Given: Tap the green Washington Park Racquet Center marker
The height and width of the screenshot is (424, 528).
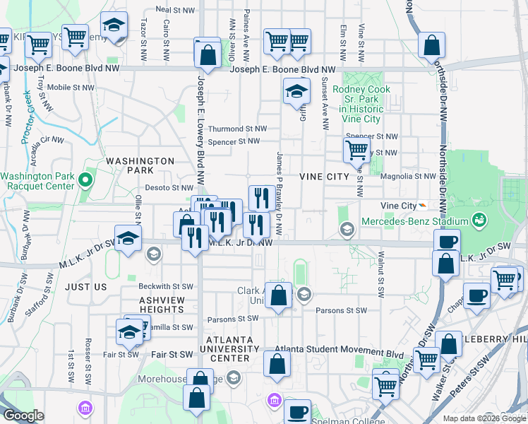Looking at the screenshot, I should tap(85, 180).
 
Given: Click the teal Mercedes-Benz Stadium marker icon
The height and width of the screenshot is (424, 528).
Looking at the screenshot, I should tap(480, 220).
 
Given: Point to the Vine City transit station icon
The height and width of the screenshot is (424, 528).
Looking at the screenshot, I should tap(422, 205).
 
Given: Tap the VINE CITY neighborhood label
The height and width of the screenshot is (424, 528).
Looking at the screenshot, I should tap(324, 176).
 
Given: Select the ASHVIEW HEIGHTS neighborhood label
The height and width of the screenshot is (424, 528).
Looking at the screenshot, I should tap(162, 305).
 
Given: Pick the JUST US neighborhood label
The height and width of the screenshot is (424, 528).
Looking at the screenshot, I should tap(85, 287).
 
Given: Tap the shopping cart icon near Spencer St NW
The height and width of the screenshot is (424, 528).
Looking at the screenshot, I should tap(356, 150).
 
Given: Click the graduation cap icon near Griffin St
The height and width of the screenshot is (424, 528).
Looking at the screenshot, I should tap(297, 90).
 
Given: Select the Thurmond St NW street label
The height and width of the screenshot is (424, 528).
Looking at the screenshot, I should tap(238, 129).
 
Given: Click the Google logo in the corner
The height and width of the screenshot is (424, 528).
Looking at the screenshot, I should tap(23, 416).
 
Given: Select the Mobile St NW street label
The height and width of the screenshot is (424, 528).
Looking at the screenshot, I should tap(71, 88).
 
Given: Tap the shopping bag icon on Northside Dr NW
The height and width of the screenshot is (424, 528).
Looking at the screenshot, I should tap(431, 45).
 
